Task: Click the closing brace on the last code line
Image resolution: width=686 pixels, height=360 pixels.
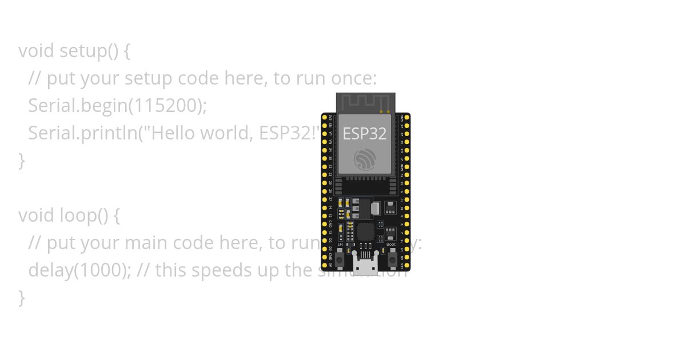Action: coord(22,297)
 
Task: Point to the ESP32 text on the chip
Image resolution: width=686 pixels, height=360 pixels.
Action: coord(365,134)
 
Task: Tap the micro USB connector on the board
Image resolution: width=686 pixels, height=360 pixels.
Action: coord(365,265)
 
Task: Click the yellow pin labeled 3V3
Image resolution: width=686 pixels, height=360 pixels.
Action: coord(325,117)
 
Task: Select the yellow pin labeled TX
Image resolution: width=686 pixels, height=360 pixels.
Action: coord(406,142)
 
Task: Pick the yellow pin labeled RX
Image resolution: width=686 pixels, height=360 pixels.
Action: coord(406,150)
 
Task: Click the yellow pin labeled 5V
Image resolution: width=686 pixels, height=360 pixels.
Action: coord(325,266)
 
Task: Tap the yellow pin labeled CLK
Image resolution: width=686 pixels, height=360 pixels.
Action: coord(406,266)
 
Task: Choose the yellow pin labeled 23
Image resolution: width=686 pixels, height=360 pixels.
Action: coord(406,125)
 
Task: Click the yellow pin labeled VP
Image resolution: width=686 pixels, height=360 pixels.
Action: coord(325,134)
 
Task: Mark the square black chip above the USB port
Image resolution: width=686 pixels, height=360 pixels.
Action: coord(365,231)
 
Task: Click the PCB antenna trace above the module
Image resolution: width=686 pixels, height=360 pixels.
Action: coord(365,103)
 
